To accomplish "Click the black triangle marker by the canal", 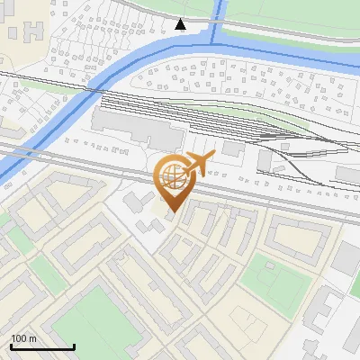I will tap(181, 24).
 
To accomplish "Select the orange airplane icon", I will tap(199, 162).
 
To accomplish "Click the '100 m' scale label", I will tap(23, 338).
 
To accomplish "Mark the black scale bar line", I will tap(42, 347).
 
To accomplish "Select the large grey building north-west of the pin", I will tap(135, 128).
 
